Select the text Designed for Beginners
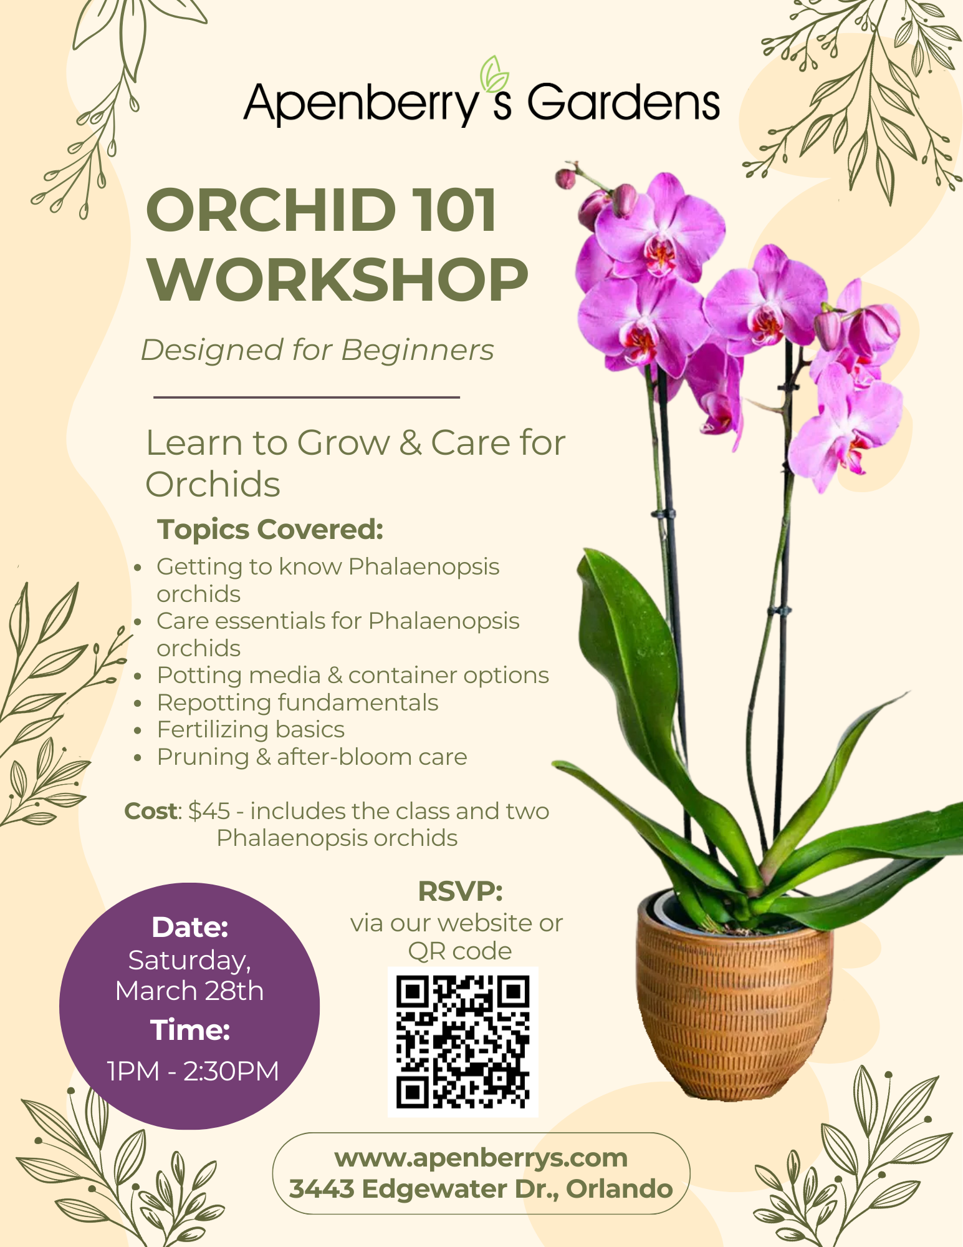click(317, 350)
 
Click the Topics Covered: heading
click(270, 529)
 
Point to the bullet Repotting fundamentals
click(297, 702)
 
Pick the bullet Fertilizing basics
click(251, 729)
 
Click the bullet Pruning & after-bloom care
click(312, 757)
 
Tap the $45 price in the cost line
click(209, 811)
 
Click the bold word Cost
click(151, 811)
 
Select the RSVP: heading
click(460, 891)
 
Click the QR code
click(462, 1041)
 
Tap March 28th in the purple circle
click(189, 991)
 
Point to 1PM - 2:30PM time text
click(193, 1071)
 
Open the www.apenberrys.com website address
click(481, 1158)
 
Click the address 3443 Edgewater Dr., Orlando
click(481, 1189)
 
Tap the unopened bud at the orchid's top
click(566, 178)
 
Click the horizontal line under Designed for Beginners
click(306, 397)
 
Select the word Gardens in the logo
click(623, 103)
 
